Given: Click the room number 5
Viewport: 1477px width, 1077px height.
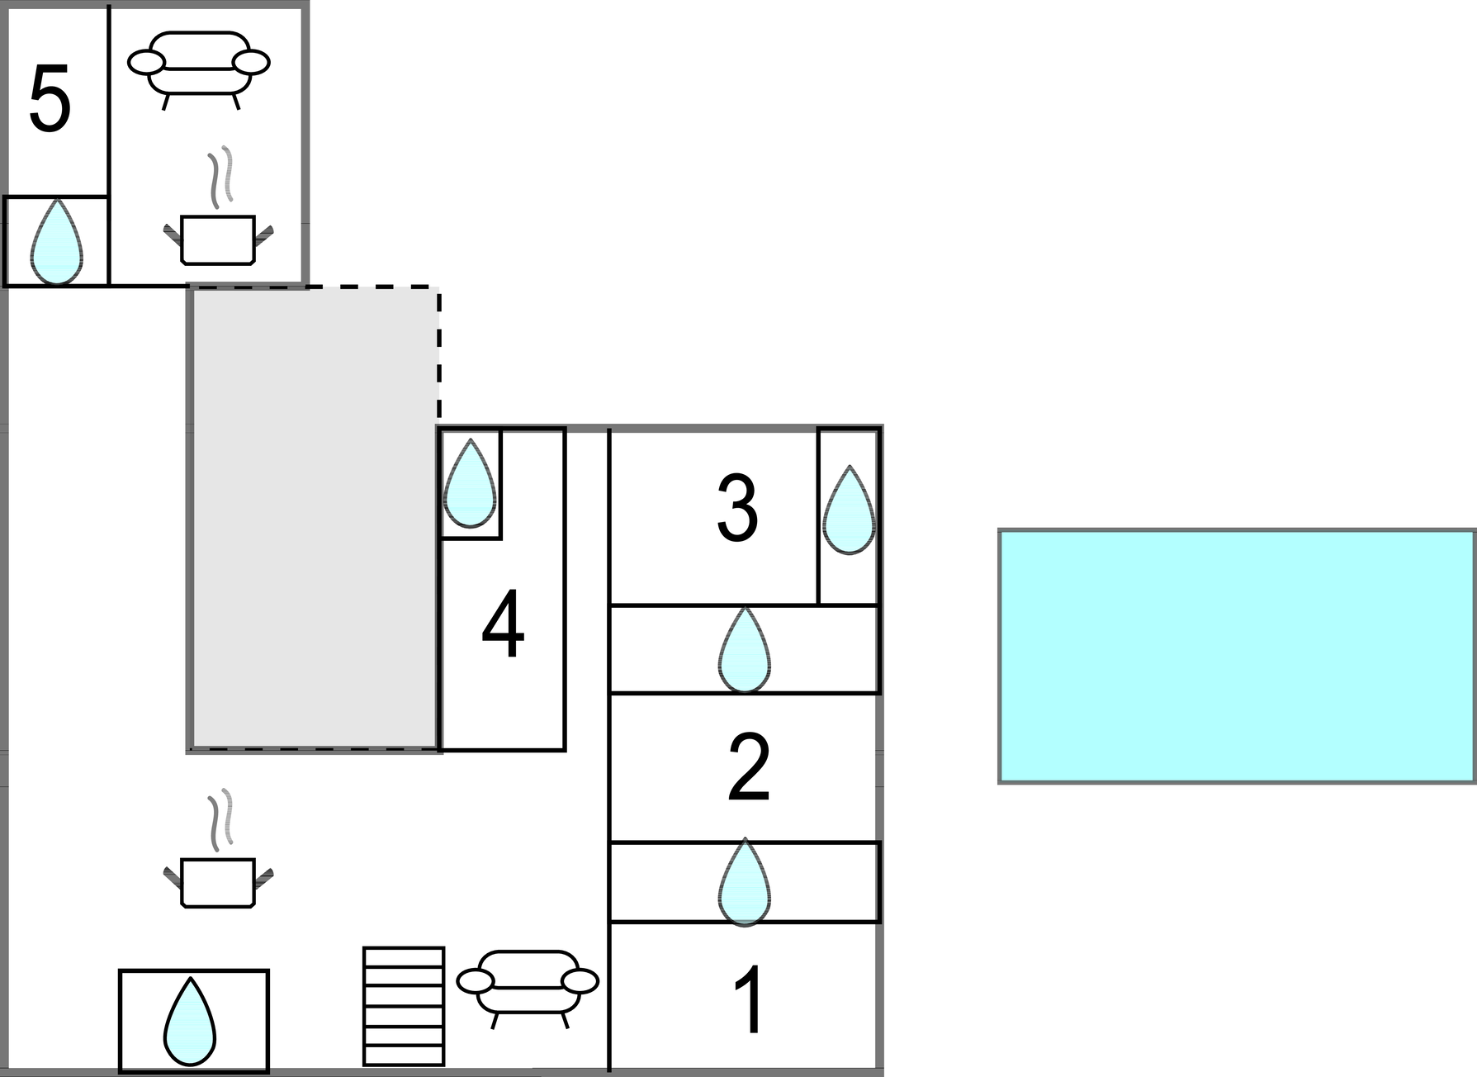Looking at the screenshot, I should (x=50, y=102).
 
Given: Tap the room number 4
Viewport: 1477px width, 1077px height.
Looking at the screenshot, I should (x=503, y=625).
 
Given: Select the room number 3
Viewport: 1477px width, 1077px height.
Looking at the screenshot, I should (x=737, y=509).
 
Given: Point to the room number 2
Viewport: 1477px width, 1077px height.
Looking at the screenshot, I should (x=749, y=768).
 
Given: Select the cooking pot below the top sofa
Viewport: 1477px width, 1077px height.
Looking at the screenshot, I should (x=218, y=239).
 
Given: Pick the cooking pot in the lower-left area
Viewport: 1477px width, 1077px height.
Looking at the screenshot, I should (x=218, y=882).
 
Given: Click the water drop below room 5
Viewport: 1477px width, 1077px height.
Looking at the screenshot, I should (x=56, y=242).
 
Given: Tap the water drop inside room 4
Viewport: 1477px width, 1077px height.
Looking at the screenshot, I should (x=470, y=484).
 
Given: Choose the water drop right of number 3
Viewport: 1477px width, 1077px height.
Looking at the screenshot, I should (x=849, y=510).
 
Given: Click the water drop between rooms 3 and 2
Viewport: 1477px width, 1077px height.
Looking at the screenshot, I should (x=745, y=651).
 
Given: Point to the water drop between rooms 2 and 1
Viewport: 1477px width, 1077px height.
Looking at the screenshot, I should (x=745, y=882).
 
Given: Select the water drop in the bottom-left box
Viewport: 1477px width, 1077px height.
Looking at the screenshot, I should (x=190, y=1022).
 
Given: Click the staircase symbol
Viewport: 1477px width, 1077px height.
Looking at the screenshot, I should (x=404, y=1006).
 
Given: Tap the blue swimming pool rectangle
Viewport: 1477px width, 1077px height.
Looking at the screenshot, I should (x=1237, y=656).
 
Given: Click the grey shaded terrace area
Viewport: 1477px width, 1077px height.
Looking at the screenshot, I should (x=314, y=518).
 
